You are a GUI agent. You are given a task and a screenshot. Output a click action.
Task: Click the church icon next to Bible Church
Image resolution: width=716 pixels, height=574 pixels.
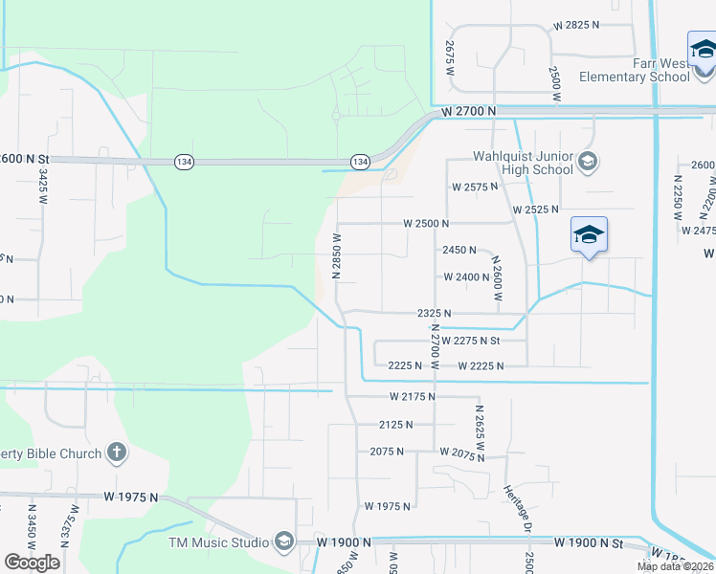coord(117,452)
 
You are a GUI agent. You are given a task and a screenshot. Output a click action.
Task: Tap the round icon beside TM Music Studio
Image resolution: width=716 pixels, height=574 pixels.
coord(283,542)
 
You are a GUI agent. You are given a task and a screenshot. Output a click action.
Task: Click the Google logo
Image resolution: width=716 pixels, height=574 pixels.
coord(32,562)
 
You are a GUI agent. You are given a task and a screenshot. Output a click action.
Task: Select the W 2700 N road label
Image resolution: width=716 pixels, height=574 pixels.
coord(469,112)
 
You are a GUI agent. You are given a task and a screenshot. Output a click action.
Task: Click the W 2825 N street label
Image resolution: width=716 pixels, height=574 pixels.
coord(581,24)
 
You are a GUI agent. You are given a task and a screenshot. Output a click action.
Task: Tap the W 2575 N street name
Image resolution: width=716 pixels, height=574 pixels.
coord(475,187)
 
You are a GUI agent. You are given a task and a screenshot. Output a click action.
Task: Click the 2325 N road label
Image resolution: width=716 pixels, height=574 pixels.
coord(434,313)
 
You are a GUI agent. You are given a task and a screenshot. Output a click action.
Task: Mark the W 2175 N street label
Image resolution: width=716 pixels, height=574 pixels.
coord(413,395)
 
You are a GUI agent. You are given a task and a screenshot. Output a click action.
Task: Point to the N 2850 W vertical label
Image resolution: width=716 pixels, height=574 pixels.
coord(336,254)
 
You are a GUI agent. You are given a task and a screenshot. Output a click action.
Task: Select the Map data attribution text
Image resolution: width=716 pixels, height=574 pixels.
coord(676,566)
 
